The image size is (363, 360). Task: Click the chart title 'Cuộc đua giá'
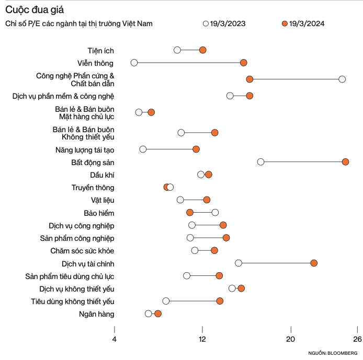tap(36, 10)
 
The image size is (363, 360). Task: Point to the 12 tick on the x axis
tap(202, 339)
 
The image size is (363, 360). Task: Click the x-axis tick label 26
tap(357, 339)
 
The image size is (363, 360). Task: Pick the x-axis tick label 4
tap(115, 339)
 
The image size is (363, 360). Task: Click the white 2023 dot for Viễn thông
tap(134, 63)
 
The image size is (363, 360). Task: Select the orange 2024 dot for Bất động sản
tap(345, 162)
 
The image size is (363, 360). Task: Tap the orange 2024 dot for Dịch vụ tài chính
tap(314, 263)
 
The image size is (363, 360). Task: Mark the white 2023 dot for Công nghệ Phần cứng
tap(342, 79)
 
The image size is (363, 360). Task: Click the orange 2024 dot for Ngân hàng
tap(158, 313)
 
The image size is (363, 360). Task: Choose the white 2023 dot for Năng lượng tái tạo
tap(143, 149)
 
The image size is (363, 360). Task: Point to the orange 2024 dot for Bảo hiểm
tap(190, 212)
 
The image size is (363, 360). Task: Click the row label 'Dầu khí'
tap(102, 175)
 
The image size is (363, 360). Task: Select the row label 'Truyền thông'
tap(93, 187)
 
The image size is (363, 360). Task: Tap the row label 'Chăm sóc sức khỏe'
tap(82, 251)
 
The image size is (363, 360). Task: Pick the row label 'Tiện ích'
tap(100, 51)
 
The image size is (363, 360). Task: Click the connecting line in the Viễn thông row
tap(188, 63)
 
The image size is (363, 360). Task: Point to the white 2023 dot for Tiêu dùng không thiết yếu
tap(166, 301)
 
